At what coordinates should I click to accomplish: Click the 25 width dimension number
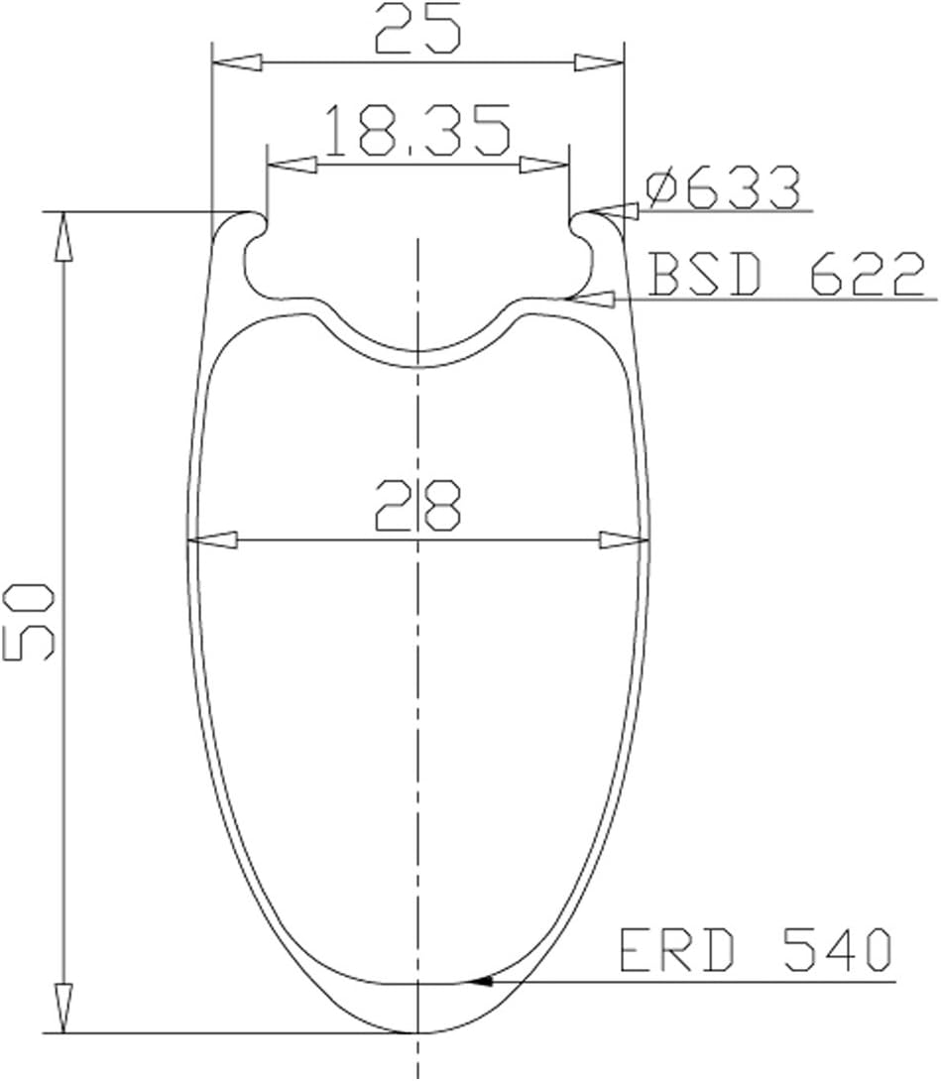pos(417,31)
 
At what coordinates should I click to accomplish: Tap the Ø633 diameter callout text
pos(724,186)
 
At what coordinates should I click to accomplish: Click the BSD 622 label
pos(786,275)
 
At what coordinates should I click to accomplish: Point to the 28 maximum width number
pos(417,506)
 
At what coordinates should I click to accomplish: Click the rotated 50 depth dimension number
pos(29,621)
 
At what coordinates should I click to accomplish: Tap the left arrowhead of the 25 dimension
pos(238,62)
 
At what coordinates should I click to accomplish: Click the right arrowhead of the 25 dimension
pos(599,62)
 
